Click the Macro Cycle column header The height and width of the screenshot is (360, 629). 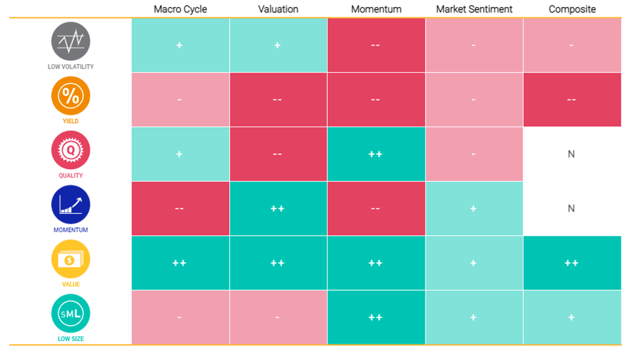180,9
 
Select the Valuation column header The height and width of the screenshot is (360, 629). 278,9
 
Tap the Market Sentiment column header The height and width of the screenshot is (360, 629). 474,9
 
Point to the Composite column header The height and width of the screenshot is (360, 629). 572,9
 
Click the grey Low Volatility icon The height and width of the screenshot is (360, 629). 71,41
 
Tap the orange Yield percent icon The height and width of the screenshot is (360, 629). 71,96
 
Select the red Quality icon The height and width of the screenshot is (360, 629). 71,150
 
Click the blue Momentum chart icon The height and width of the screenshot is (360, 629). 71,205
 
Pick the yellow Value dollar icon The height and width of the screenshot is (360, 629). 71,259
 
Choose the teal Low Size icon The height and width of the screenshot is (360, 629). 71,313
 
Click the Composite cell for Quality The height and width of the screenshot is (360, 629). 572,154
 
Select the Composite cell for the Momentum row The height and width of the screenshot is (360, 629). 572,209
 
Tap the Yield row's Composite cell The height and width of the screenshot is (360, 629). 572,99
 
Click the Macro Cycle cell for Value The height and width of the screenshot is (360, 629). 180,263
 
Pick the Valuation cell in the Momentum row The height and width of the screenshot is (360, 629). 278,209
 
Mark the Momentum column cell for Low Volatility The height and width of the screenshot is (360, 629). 376,45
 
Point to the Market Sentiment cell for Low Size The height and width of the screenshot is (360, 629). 474,317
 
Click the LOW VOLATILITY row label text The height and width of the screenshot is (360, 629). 71,66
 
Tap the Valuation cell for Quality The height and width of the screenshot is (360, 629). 278,154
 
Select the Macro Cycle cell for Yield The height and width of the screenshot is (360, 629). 180,99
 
